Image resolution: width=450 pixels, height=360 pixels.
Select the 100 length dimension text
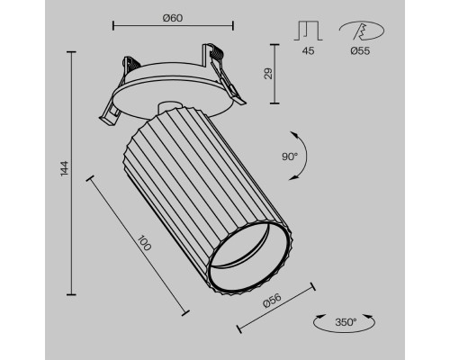[143, 245]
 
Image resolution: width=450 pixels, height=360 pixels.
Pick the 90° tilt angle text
[290, 155]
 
